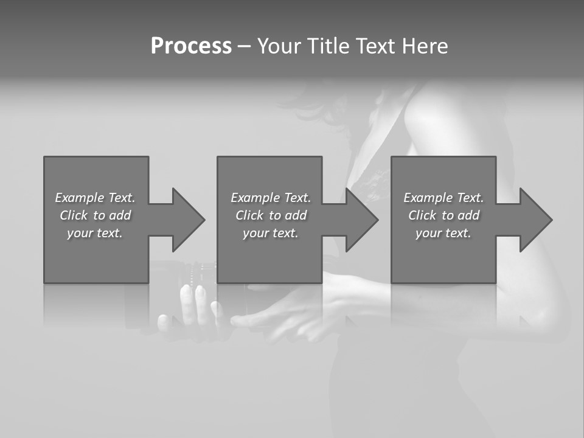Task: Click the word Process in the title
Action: pos(191,46)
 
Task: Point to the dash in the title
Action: pos(244,47)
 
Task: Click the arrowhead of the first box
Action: pos(188,220)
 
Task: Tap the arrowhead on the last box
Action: pos(535,220)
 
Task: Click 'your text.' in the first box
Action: pos(95,233)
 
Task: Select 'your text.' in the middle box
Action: pos(271,233)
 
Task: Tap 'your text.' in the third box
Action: pos(443,233)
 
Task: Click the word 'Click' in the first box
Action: pos(74,215)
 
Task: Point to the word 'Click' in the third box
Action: pos(422,215)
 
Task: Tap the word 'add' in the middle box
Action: pos(296,215)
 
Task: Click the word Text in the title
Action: pos(376,46)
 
